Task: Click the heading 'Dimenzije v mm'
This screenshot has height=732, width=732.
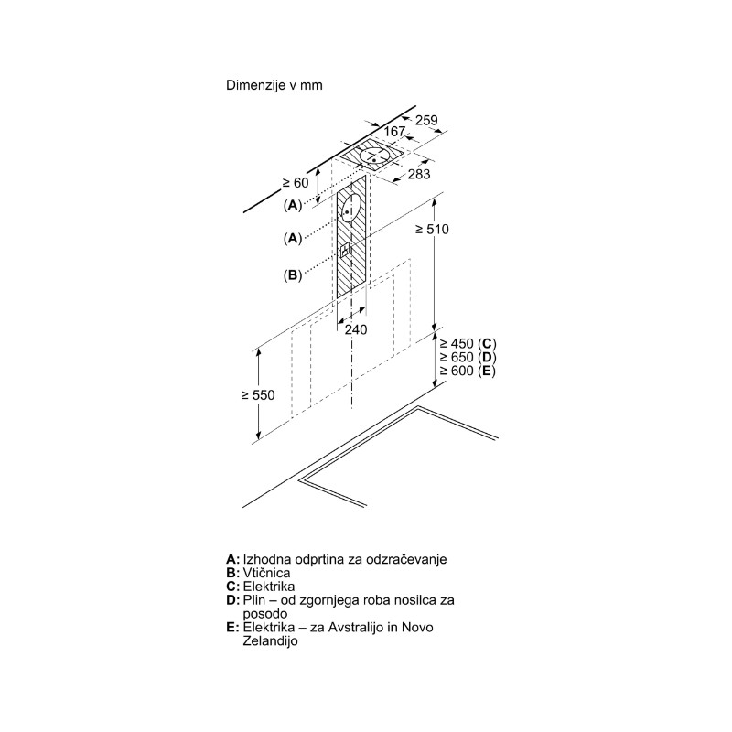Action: pyautogui.click(x=274, y=85)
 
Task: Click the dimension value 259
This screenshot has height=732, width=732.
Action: pyautogui.click(x=426, y=120)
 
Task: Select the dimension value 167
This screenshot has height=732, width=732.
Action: pyautogui.click(x=394, y=132)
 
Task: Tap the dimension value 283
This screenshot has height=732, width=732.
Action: pyautogui.click(x=419, y=174)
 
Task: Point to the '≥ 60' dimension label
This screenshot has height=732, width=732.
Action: pyautogui.click(x=296, y=182)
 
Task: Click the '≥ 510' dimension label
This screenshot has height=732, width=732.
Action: pyautogui.click(x=432, y=229)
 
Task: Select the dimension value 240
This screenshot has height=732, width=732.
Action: pyautogui.click(x=356, y=329)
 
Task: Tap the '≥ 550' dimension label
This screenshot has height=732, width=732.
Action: pyautogui.click(x=258, y=395)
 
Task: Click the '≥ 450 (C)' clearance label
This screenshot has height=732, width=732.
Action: pyautogui.click(x=468, y=344)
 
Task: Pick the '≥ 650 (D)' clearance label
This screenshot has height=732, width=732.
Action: pyautogui.click(x=468, y=357)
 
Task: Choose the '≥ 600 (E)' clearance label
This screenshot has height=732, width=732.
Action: pyautogui.click(x=467, y=371)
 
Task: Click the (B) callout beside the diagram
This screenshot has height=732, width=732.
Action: pyautogui.click(x=293, y=275)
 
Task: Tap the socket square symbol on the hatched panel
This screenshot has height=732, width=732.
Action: pyautogui.click(x=345, y=250)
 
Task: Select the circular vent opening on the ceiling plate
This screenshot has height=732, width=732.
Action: pyautogui.click(x=375, y=156)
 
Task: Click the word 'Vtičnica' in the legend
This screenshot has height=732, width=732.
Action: pyautogui.click(x=266, y=573)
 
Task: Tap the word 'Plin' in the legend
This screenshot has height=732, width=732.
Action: pyautogui.click(x=254, y=600)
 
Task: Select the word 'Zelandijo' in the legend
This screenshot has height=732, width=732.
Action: pyautogui.click(x=270, y=640)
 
